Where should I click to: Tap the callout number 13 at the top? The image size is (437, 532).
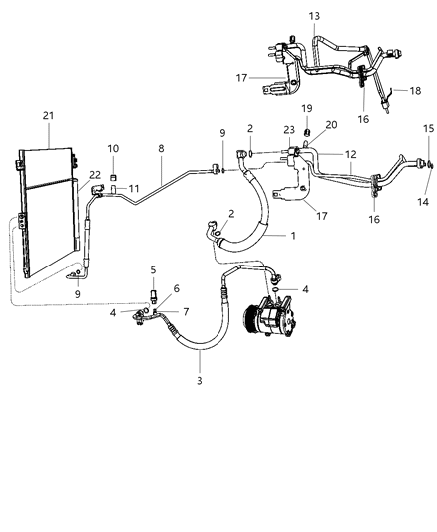click(x=314, y=16)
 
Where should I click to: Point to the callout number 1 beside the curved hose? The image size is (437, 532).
click(x=293, y=236)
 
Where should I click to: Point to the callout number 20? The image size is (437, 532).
click(x=303, y=125)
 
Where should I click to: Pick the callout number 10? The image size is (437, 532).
click(x=113, y=149)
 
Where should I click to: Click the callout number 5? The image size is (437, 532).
click(x=153, y=269)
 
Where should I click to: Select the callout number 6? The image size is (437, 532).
click(x=176, y=288)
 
